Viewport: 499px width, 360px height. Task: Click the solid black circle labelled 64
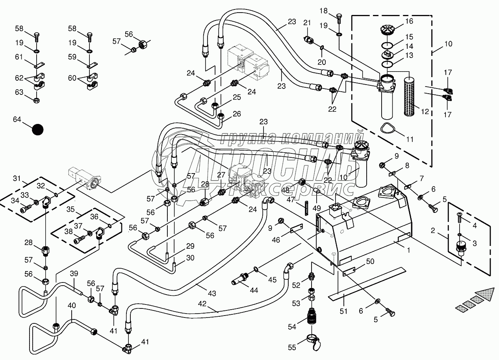coord(37,129)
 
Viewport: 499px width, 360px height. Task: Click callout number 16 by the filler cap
coord(409,21)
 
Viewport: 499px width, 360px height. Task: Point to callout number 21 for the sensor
coord(307,22)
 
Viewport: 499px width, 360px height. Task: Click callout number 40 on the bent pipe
coord(72,305)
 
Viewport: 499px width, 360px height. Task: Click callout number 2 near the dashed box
coord(433,231)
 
